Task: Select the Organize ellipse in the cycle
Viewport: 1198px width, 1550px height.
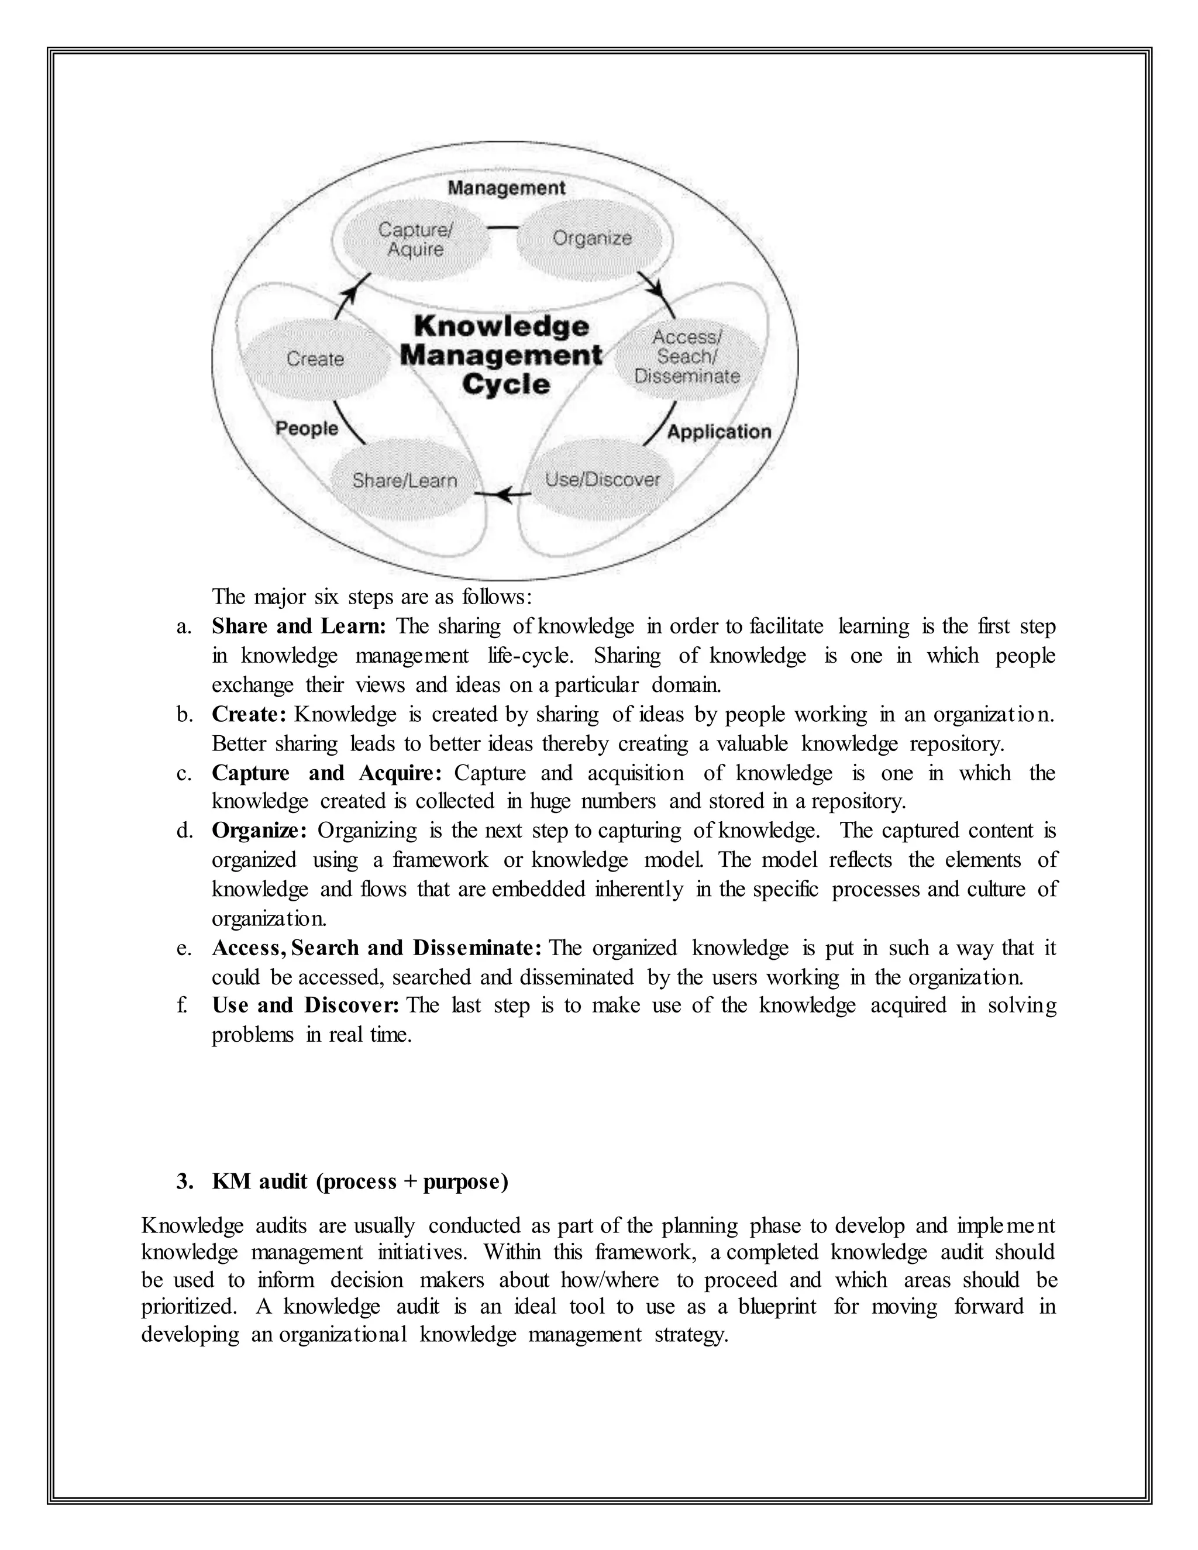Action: (x=592, y=239)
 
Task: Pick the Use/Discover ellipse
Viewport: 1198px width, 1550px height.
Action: (x=602, y=480)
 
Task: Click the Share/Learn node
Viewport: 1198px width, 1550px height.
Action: (x=405, y=481)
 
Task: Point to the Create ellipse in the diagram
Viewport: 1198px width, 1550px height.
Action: (x=315, y=359)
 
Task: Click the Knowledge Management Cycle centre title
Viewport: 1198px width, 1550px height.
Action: (x=501, y=356)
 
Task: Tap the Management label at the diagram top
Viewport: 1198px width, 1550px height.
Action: (x=506, y=188)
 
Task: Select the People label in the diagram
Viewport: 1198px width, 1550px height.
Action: (x=307, y=429)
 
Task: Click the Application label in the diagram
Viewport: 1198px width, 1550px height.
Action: (x=719, y=432)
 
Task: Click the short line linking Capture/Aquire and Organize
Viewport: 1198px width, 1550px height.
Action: (x=503, y=228)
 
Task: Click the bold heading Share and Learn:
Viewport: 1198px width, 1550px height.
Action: (x=299, y=626)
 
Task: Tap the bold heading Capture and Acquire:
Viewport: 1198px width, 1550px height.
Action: (x=326, y=773)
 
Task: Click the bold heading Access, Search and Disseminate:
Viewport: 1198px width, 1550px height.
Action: (x=377, y=948)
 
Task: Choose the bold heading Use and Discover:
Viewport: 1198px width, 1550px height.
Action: (x=305, y=1005)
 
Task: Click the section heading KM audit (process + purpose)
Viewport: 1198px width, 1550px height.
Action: (x=360, y=1182)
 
